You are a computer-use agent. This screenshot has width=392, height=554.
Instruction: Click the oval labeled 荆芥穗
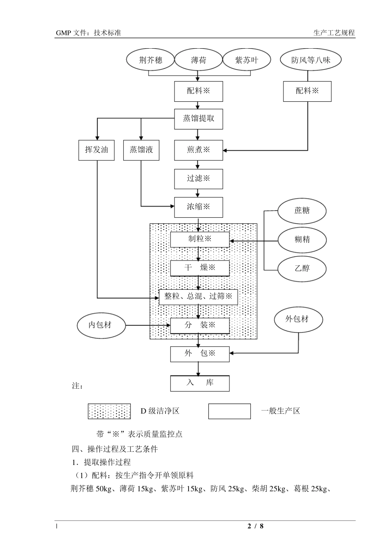[x=151, y=60]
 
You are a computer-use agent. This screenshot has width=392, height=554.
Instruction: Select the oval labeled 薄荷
[x=198, y=60]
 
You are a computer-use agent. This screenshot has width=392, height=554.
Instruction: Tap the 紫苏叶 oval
[x=247, y=60]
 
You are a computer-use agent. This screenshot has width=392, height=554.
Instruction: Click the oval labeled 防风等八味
[x=311, y=60]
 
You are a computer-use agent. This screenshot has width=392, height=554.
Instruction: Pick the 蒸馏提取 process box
[x=198, y=119]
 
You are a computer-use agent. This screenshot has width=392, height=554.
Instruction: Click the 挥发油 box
[x=97, y=150]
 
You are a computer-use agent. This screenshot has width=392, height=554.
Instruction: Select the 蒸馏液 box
[x=141, y=150]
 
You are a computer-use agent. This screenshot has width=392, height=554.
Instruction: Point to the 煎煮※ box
[x=198, y=150]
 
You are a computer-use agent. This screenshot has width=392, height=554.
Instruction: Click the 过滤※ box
[x=198, y=178]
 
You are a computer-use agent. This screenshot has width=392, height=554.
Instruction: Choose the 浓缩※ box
[x=198, y=207]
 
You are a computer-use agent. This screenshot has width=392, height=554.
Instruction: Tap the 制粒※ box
[x=200, y=239]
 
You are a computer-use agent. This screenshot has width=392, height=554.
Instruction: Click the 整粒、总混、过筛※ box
[x=198, y=296]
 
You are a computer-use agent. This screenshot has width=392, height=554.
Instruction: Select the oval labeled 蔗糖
[x=302, y=211]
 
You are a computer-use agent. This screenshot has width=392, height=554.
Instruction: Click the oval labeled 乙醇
[x=302, y=268]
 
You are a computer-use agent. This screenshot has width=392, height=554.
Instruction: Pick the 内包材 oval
[x=100, y=325]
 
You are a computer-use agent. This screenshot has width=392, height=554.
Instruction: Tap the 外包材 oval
[x=298, y=319]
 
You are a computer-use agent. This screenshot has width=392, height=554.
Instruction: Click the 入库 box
[x=200, y=383]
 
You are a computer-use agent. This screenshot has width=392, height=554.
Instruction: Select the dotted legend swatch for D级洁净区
[x=109, y=411]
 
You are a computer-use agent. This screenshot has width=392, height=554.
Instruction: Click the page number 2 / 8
[x=255, y=526]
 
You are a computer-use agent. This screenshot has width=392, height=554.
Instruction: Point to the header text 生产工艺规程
[x=334, y=33]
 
